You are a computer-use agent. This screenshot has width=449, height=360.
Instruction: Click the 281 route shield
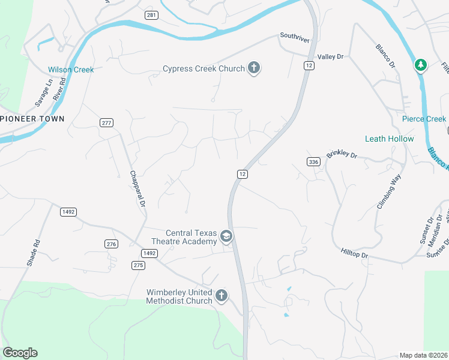[151, 14]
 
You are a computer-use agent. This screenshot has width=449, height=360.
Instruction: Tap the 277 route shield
[106, 122]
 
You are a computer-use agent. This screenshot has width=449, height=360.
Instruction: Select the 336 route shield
[313, 161]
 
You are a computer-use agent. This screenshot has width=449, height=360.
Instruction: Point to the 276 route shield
[111, 244]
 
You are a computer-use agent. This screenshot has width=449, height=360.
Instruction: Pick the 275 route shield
[138, 265]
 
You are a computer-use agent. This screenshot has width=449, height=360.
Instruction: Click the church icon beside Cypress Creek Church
[254, 68]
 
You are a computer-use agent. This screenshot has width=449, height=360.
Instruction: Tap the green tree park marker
[421, 65]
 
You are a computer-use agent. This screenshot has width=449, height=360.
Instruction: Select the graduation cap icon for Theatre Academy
[226, 237]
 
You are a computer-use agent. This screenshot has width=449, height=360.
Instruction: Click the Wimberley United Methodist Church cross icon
[221, 296]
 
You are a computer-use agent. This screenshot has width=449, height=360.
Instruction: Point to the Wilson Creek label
[71, 70]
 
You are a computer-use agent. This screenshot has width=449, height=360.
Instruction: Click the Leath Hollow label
[389, 139]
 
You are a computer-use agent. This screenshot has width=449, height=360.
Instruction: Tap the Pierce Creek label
[424, 119]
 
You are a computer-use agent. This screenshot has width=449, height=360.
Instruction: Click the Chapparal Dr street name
[137, 190]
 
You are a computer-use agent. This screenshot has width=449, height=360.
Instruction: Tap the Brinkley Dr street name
[342, 154]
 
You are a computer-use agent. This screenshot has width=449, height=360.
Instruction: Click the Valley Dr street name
[330, 56]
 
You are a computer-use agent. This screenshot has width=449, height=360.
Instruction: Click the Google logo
[20, 353]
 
